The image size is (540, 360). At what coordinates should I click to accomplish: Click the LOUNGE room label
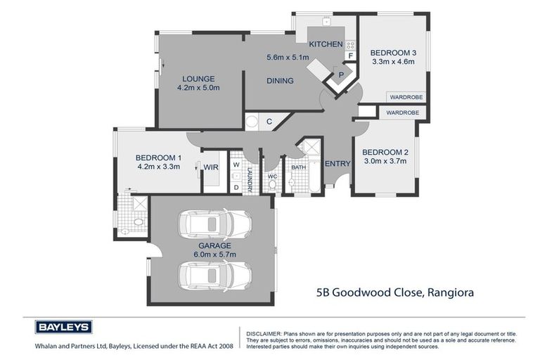pyautogui.click(x=198, y=79)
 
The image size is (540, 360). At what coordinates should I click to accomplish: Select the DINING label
pyautogui.click(x=280, y=81)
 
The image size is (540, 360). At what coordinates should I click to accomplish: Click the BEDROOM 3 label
pyautogui.click(x=394, y=53)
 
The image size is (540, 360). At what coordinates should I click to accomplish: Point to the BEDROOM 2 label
pyautogui.click(x=385, y=152)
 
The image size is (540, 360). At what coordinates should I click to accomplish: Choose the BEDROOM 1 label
pyautogui.click(x=159, y=157)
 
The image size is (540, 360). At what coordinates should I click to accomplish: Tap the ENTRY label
pyautogui.click(x=337, y=164)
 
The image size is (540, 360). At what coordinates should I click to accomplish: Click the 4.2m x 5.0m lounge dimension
pyautogui.click(x=198, y=88)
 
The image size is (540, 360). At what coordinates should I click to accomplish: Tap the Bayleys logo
pyautogui.click(x=64, y=326)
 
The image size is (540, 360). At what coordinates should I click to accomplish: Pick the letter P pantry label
pyautogui.click(x=341, y=74)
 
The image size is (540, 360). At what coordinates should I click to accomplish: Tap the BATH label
pyautogui.click(x=299, y=167)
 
